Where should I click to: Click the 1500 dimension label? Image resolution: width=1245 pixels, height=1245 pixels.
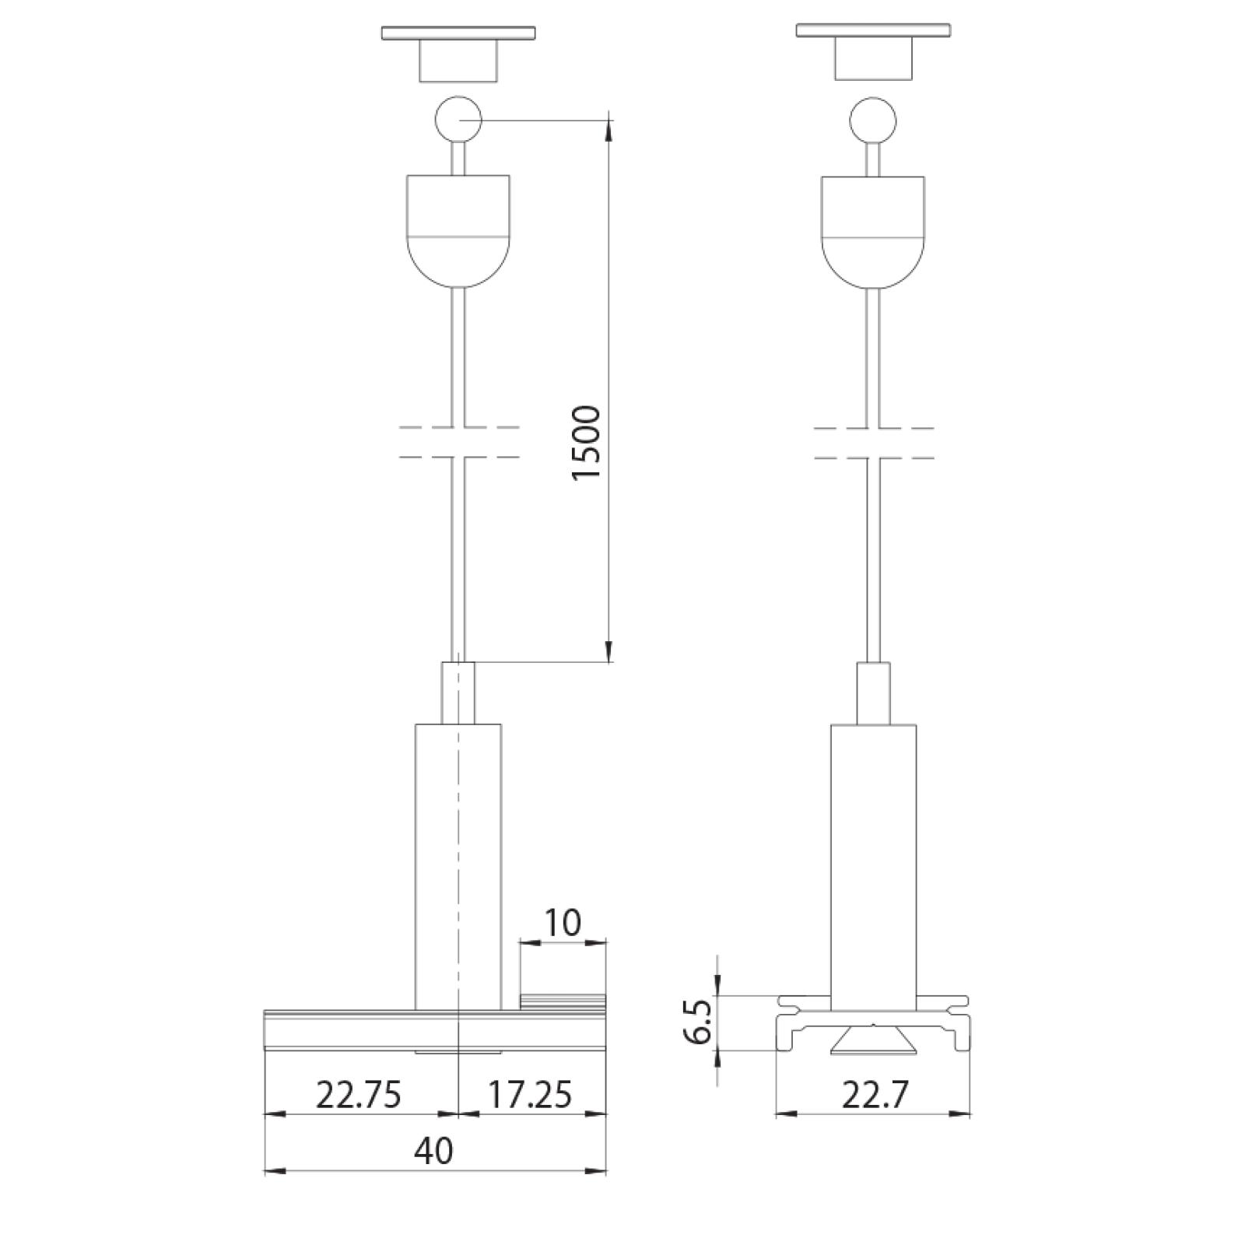(x=587, y=443)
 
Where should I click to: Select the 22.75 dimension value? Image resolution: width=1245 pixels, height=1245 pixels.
(x=359, y=1095)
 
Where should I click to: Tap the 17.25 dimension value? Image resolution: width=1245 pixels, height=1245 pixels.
(x=529, y=1095)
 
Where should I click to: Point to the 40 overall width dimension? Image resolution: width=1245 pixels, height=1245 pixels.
(x=434, y=1150)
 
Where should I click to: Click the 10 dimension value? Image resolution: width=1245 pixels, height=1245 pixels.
(x=562, y=923)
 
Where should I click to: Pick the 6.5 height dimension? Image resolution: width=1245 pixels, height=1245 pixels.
(x=700, y=1022)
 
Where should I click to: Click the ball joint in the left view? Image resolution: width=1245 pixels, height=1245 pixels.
(x=458, y=120)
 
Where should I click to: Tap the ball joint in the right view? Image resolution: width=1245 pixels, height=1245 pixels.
(x=873, y=121)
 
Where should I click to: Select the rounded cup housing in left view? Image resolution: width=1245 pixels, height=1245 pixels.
(x=458, y=231)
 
